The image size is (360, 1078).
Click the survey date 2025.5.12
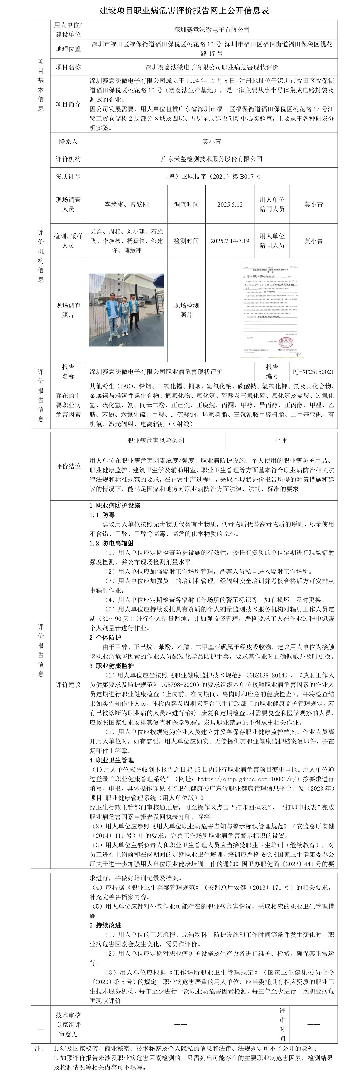tap(230, 205)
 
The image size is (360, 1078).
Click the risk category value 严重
tap(281, 440)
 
